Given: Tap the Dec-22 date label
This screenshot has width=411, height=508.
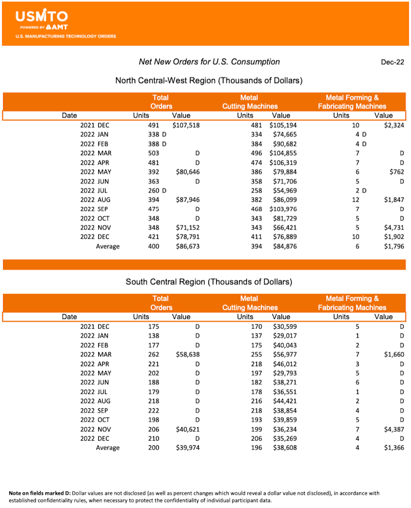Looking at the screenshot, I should pyautogui.click(x=393, y=62).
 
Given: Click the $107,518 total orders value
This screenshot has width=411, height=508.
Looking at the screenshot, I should pyautogui.click(x=184, y=125).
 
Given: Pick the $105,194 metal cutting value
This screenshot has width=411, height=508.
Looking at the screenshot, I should pyautogui.click(x=283, y=125).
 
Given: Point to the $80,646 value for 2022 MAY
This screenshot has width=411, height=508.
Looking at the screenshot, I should pyautogui.click(x=186, y=172).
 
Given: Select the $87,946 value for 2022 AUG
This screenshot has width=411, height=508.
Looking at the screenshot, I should pyautogui.click(x=186, y=200).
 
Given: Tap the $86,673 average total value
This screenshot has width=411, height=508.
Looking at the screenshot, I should pyautogui.click(x=186, y=247).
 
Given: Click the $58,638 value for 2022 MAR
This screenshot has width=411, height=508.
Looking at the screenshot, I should pyautogui.click(x=186, y=354).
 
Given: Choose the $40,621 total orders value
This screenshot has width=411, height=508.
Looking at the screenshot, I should pyautogui.click(x=186, y=429).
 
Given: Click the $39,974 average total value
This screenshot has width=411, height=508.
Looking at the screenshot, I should pyautogui.click(x=186, y=448).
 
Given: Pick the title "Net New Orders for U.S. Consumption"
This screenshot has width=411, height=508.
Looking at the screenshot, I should pyautogui.click(x=209, y=62).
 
